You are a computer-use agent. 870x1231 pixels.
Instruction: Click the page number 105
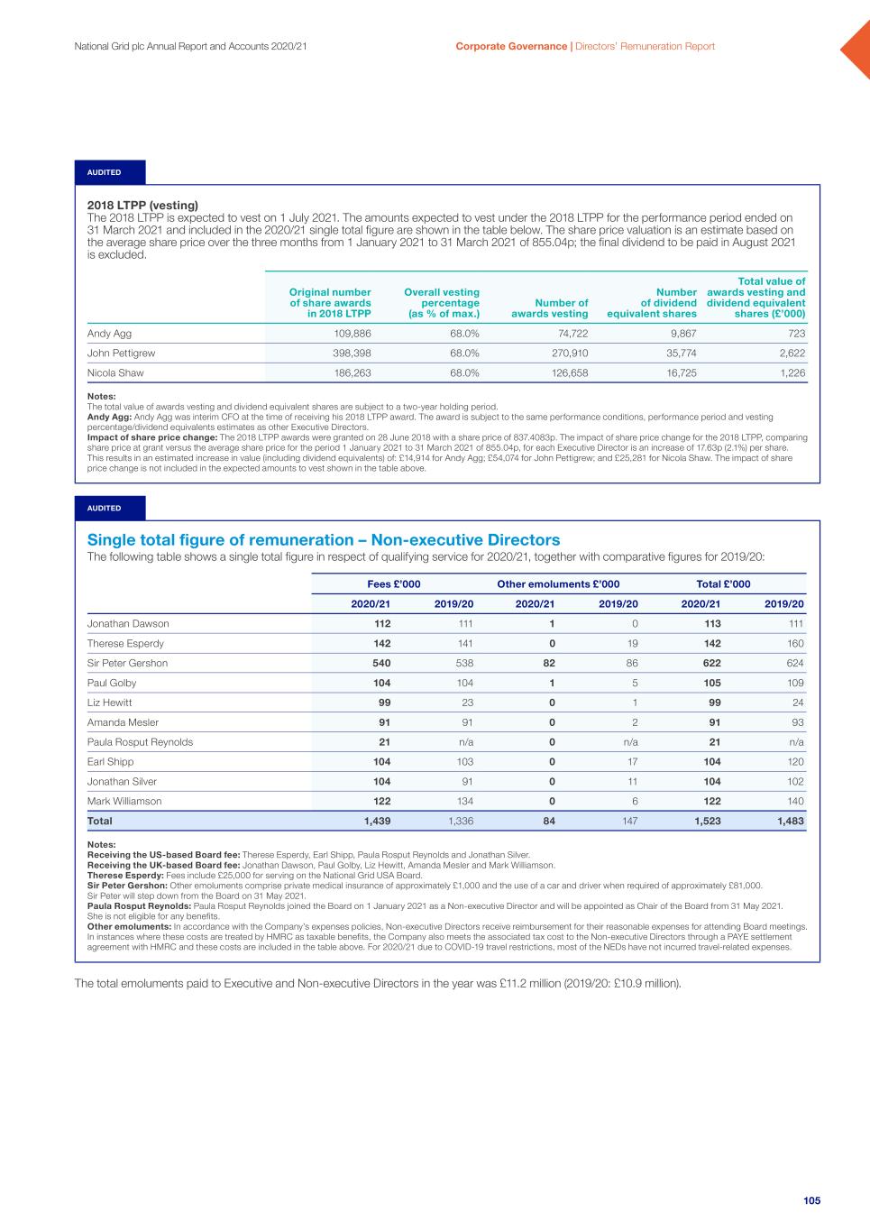(x=811, y=1200)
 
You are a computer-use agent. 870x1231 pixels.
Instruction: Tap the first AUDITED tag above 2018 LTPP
(x=104, y=172)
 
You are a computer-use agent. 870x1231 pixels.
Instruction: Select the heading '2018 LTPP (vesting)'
(x=142, y=206)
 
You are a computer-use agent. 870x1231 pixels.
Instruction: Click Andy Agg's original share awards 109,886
(x=353, y=334)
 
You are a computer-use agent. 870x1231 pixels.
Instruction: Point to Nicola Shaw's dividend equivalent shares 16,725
(x=681, y=372)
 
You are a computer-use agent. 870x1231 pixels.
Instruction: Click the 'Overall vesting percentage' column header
(x=442, y=303)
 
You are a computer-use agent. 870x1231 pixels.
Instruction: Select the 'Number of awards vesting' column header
(x=550, y=308)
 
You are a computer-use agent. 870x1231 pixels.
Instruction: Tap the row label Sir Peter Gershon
(x=127, y=663)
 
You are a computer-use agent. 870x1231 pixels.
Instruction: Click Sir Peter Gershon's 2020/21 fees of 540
(x=381, y=663)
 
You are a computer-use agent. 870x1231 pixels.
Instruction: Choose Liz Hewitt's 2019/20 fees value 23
(x=465, y=703)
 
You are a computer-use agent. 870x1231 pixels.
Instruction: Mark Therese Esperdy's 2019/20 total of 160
(x=794, y=644)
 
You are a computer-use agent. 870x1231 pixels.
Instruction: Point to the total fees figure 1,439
(x=377, y=821)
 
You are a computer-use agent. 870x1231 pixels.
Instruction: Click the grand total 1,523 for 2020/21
(x=707, y=821)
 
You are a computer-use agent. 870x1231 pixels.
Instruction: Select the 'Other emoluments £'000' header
(x=558, y=584)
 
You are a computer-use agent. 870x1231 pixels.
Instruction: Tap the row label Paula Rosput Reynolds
(x=140, y=742)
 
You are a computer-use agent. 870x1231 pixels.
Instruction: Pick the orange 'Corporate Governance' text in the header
(x=511, y=46)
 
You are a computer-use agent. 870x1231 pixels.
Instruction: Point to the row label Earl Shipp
(x=110, y=762)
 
